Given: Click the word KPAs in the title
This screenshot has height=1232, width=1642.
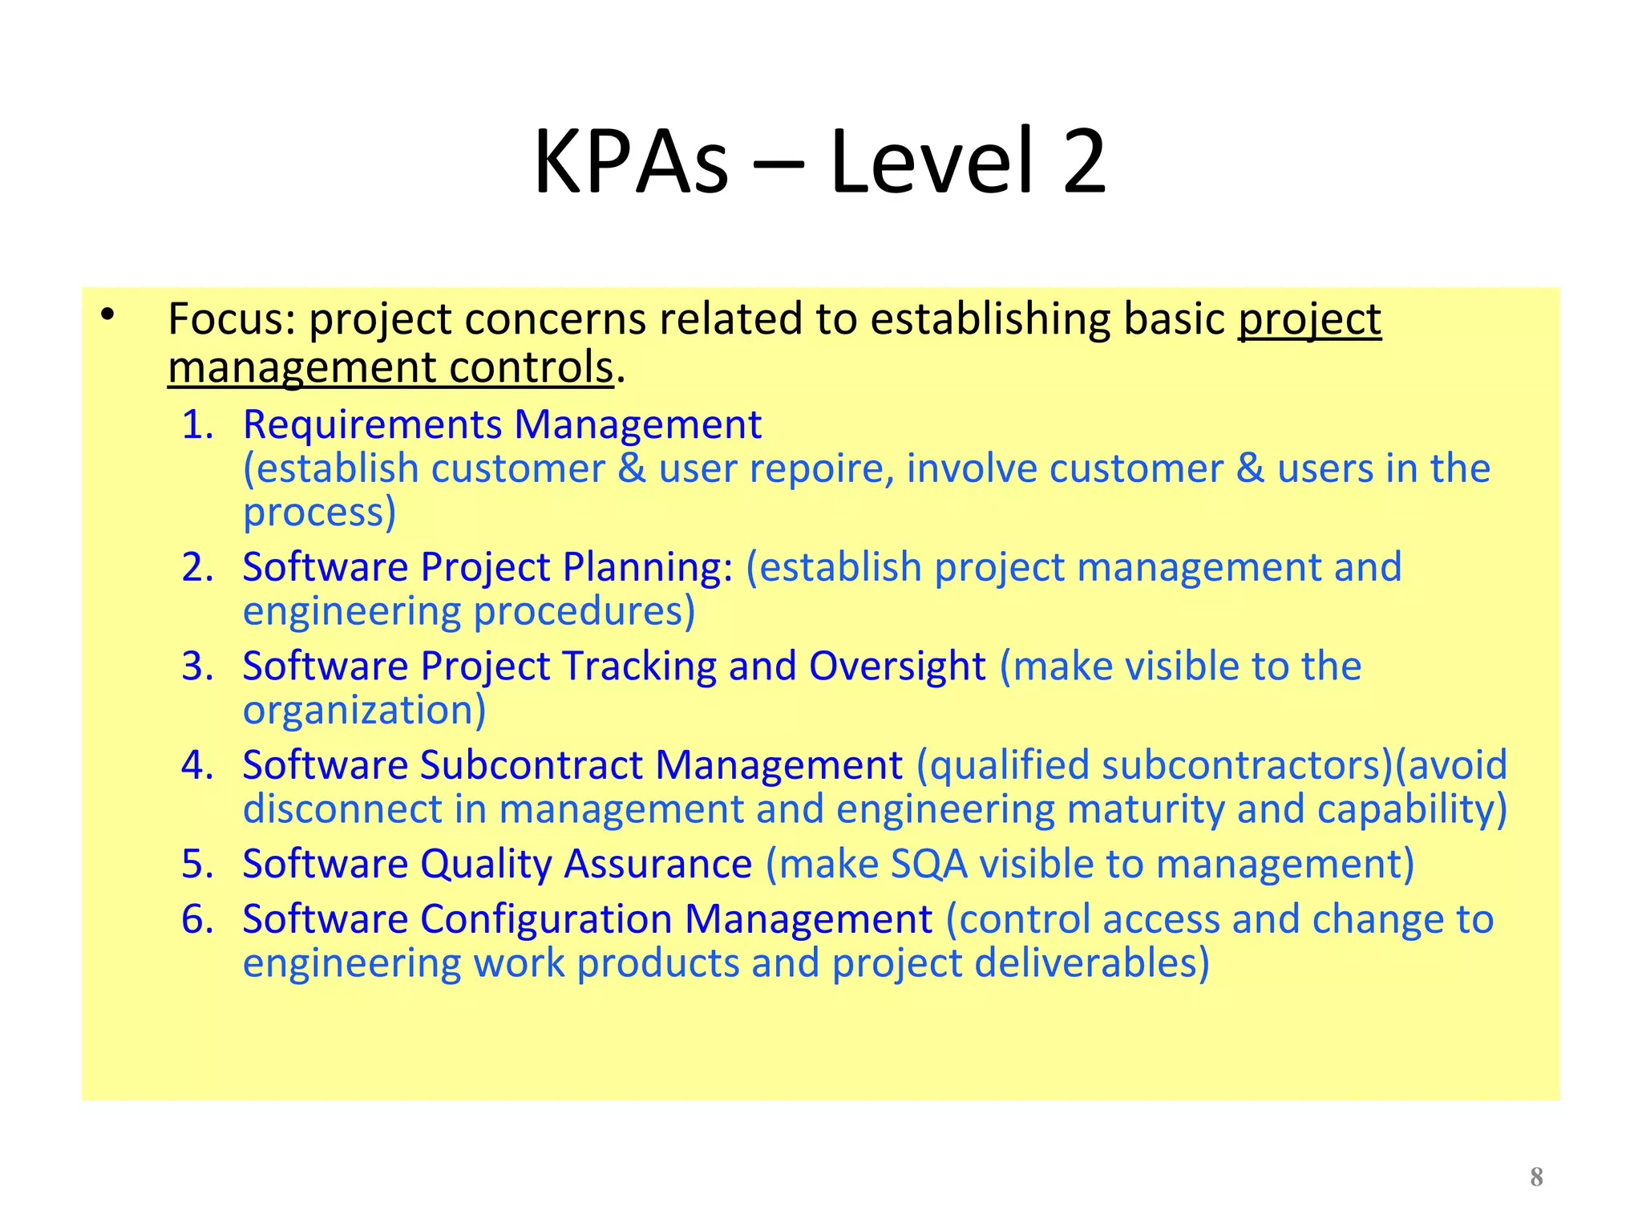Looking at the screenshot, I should (x=631, y=163).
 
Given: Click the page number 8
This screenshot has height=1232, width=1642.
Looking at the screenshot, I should (x=1536, y=1177).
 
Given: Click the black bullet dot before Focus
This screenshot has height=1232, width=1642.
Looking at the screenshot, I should (x=108, y=315).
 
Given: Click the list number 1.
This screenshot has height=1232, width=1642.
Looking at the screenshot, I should (x=196, y=424).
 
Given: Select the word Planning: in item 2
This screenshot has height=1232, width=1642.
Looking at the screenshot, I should (x=648, y=568).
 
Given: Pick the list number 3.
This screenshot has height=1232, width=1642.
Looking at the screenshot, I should (x=196, y=667).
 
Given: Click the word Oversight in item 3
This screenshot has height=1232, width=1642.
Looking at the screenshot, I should (x=896, y=667).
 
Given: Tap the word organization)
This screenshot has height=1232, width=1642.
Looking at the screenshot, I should (x=364, y=711).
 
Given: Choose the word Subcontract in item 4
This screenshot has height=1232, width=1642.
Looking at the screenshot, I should (x=531, y=765).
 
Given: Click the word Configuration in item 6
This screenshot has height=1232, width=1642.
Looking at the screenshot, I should (x=546, y=919).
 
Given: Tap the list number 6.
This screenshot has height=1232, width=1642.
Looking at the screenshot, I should (x=196, y=919).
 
